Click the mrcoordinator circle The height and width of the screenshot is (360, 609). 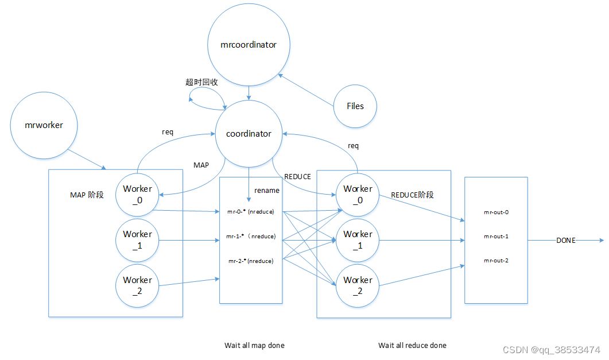pos(249,44)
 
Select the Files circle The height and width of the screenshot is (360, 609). pos(355,106)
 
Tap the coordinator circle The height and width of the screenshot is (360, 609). pos(249,134)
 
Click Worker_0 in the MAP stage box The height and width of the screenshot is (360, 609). pos(137,193)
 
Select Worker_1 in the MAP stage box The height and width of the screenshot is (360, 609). pos(137,239)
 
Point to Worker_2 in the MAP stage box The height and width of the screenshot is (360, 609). pos(137,285)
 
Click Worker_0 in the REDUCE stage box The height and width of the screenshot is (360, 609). pos(358,193)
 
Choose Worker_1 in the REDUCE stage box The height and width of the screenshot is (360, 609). pos(358,239)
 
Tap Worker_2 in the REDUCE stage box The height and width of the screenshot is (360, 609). pos(358,285)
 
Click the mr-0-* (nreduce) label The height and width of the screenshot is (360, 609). pos(251,212)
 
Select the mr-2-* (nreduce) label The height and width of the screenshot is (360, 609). pos(251,261)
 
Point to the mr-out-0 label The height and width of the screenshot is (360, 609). pos(496,212)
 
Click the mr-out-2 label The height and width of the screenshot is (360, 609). pos(496,260)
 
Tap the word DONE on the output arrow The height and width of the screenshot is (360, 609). pos(565,241)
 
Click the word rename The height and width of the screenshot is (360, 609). pos(267,191)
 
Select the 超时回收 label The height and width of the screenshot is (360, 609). pos(201,82)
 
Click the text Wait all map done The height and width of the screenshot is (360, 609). pos(254,345)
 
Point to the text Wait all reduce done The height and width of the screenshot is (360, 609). pos(412,345)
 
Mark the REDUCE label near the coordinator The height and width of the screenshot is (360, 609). pos(297,177)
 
